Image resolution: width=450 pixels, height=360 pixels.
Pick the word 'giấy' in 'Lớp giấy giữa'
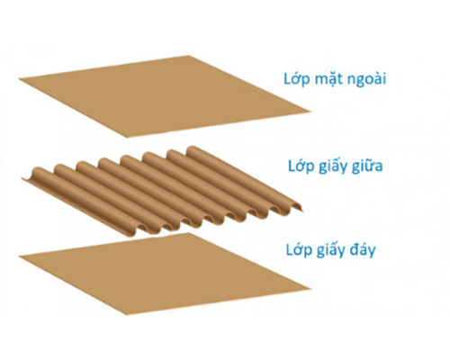pyautogui.click(x=331, y=166)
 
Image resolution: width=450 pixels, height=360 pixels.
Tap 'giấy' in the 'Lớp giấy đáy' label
pyautogui.click(x=329, y=250)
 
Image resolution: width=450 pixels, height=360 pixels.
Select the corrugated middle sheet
pyautogui.click(x=162, y=191)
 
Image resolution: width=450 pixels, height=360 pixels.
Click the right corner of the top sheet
pyautogui.click(x=310, y=112)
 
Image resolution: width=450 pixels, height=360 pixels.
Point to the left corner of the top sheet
pyautogui.click(x=19, y=79)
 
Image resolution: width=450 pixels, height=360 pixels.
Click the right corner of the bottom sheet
pyautogui.click(x=310, y=289)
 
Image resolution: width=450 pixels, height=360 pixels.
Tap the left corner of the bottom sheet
pyautogui.click(x=19, y=256)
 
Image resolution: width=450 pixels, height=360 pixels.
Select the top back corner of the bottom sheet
pyautogui.click(x=188, y=233)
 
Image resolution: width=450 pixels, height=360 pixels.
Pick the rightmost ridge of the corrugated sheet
pyautogui.click(x=243, y=177)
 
